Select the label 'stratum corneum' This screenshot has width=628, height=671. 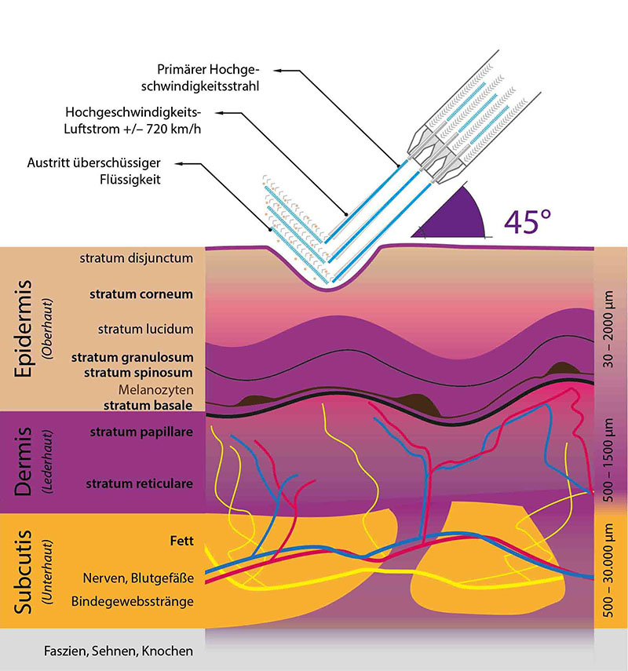click(141, 294)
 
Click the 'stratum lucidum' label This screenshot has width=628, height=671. click(145, 329)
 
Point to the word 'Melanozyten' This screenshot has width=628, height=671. click(156, 390)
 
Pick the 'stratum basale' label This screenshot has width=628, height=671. click(148, 405)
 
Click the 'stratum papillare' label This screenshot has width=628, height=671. click(141, 432)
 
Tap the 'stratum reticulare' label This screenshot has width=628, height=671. click(139, 483)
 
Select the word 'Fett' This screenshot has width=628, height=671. click(181, 541)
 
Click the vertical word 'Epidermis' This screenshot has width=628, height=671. click(23, 329)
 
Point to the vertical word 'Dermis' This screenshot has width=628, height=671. click(23, 461)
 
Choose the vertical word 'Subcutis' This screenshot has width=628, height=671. click(23, 572)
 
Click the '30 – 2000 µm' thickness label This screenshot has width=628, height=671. click(608, 329)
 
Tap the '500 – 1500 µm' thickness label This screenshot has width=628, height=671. click(608, 460)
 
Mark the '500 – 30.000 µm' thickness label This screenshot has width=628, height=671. click(608, 570)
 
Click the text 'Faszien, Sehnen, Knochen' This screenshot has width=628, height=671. click(119, 651)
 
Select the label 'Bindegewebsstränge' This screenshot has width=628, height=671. click(133, 602)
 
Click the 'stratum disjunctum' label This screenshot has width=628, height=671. click(136, 258)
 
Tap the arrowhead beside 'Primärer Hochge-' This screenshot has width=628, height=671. click(278, 71)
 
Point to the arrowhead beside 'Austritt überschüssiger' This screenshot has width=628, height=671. click(179, 163)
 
